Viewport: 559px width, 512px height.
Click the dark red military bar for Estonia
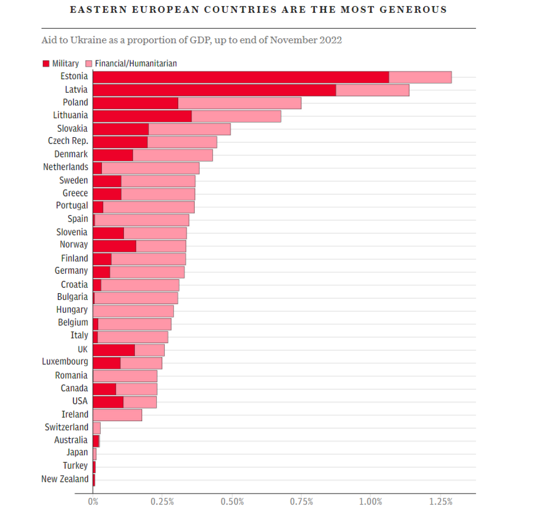(241, 77)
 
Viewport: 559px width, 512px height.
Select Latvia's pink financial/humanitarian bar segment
(372, 90)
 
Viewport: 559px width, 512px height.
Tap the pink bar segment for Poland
(240, 103)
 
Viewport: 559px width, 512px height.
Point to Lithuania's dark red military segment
(142, 116)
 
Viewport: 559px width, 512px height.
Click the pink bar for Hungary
(134, 311)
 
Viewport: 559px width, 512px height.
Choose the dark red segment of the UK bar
(114, 350)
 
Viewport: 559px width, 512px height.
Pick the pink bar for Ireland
(118, 415)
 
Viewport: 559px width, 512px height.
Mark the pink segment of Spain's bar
(142, 220)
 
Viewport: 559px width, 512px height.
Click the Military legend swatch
(46, 64)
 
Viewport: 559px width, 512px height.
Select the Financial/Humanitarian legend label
(136, 64)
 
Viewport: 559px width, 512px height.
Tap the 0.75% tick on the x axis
(301, 502)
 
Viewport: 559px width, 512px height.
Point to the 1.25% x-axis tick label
(441, 502)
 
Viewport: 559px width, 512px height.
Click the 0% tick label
(93, 502)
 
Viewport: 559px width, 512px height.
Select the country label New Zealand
(65, 479)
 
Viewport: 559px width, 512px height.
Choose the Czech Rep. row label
(68, 141)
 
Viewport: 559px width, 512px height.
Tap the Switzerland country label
(66, 427)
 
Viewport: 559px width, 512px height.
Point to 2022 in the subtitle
(331, 40)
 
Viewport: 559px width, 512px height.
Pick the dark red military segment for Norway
(114, 246)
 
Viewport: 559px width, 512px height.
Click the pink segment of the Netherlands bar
(150, 168)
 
